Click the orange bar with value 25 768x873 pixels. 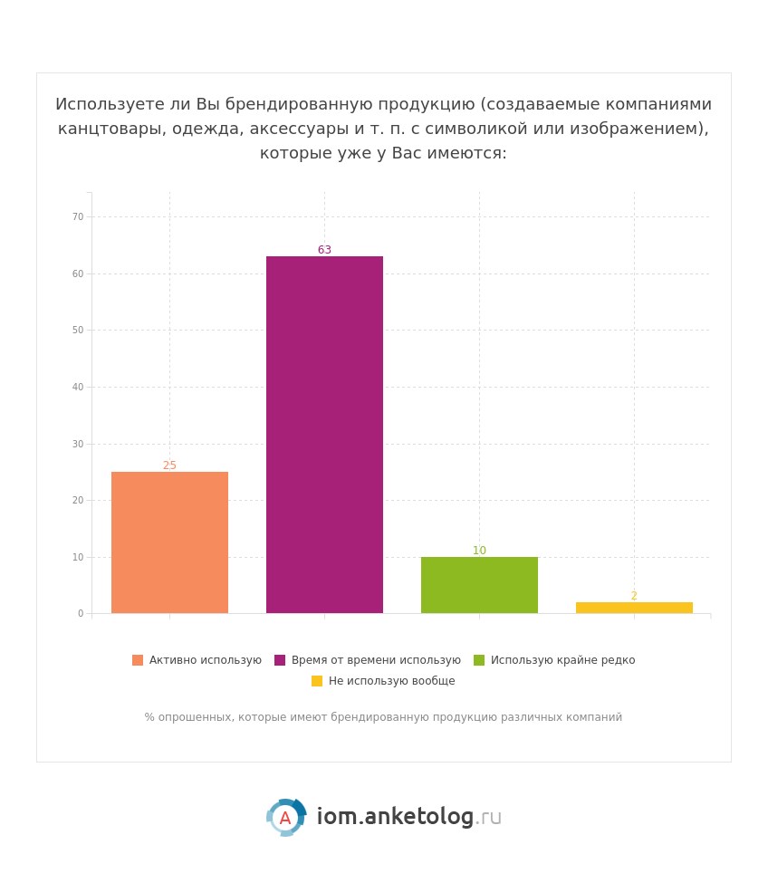169,542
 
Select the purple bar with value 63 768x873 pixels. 324,435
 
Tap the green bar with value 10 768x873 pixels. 479,585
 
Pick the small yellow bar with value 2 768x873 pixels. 634,608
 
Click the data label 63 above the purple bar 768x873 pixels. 324,250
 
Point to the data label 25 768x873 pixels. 169,465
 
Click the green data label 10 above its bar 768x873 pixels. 479,551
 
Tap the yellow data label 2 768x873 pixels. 634,596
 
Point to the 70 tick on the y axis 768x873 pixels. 78,217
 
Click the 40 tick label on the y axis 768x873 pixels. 78,388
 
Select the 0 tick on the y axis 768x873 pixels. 81,614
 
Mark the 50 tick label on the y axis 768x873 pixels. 78,331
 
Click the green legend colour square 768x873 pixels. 479,660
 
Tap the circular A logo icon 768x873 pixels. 286,818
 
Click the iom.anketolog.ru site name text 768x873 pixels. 408,817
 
